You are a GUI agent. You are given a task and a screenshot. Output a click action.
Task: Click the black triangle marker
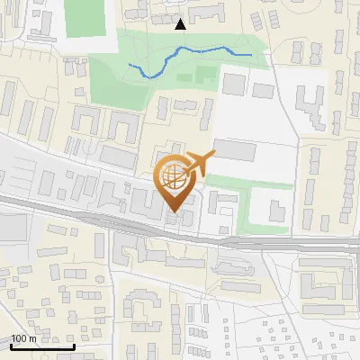point(181,24)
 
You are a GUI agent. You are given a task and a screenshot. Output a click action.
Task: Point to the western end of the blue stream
point(130,65)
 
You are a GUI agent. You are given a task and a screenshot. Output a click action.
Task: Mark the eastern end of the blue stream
point(250,56)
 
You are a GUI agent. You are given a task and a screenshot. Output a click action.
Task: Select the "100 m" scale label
point(23,338)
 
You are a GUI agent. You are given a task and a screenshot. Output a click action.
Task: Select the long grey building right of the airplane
point(240,149)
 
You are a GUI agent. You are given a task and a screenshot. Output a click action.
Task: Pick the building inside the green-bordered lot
point(275,211)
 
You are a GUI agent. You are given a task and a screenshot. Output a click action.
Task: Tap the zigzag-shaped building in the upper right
point(310,106)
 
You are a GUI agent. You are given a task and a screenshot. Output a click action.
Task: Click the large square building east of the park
point(234,83)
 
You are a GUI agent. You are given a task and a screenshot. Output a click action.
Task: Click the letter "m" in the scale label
point(31,338)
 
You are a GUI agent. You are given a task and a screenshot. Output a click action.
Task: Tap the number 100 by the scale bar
point(19,338)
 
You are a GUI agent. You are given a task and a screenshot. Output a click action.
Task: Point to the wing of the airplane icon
point(200,158)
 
